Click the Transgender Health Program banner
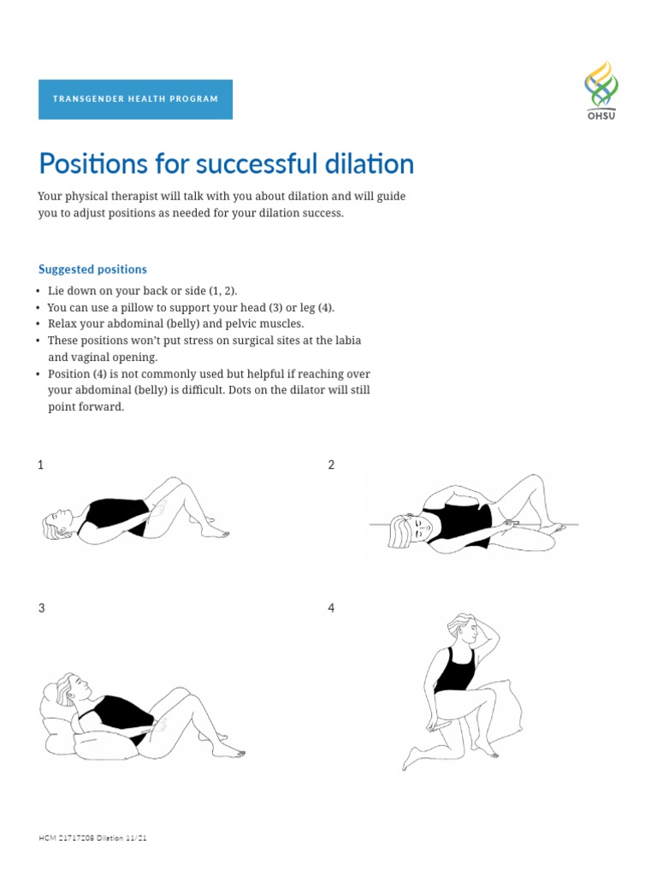click(x=135, y=99)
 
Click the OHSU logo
click(x=601, y=90)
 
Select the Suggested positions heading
click(x=92, y=269)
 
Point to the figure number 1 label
click(x=40, y=465)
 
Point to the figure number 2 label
click(x=331, y=465)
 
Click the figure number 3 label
click(x=41, y=608)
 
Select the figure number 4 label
click(x=331, y=608)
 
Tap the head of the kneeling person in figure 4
click(x=465, y=630)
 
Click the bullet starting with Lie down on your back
click(x=142, y=291)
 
